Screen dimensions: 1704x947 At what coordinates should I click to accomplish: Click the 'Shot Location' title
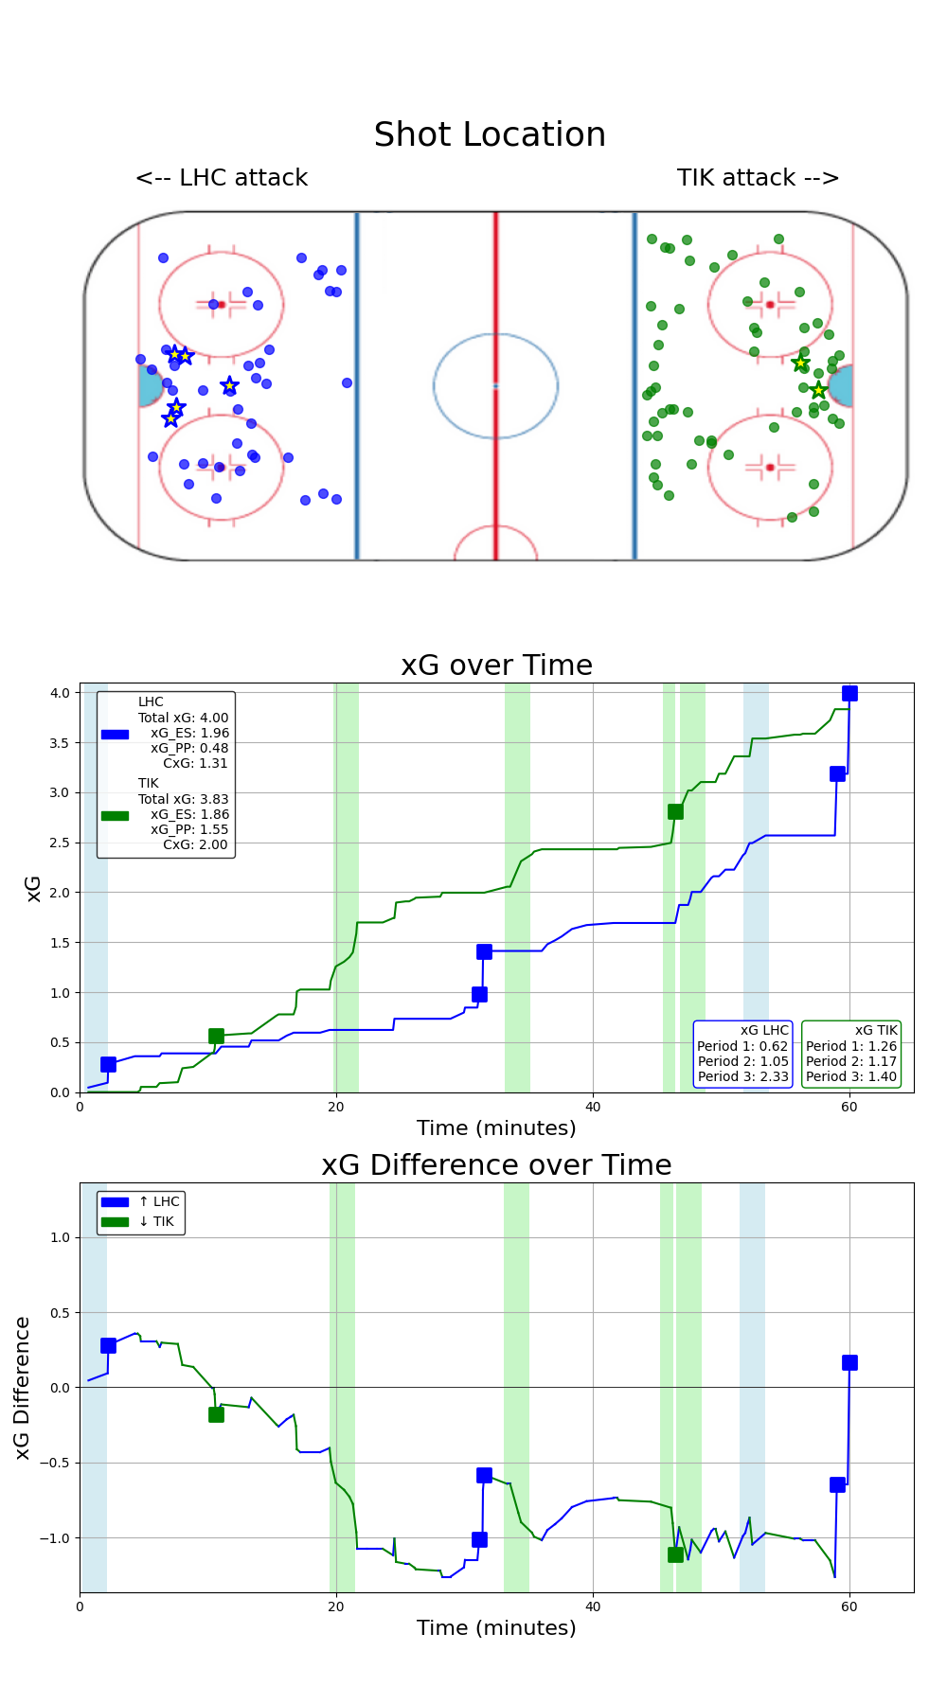click(490, 134)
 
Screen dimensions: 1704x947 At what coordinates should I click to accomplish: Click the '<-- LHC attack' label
click(222, 178)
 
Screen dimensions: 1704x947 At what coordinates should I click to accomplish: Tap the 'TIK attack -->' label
click(758, 178)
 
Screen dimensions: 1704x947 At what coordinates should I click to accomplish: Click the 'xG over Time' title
click(496, 666)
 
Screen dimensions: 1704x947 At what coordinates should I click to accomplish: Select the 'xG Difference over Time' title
click(496, 1165)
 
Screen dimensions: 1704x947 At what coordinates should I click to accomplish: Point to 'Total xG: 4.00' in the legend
click(184, 718)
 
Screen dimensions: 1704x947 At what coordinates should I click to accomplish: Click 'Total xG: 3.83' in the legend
click(184, 799)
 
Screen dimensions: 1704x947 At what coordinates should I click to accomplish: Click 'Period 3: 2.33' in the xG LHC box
click(742, 1076)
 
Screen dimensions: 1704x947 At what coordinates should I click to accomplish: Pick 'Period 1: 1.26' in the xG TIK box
click(850, 1046)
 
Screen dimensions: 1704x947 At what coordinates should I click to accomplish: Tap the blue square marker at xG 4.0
click(849, 694)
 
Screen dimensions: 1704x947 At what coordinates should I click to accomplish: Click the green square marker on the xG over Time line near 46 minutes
click(675, 811)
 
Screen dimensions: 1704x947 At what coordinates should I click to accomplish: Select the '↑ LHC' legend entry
click(158, 1201)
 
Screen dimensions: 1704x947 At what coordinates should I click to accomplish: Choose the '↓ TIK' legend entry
click(156, 1221)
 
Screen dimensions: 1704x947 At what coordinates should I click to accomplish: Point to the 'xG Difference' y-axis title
click(23, 1387)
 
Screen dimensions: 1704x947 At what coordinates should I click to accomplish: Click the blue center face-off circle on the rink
click(495, 385)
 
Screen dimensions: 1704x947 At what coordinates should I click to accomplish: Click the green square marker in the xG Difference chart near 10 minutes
click(216, 1414)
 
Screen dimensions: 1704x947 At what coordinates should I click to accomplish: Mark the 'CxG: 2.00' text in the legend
click(195, 844)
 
